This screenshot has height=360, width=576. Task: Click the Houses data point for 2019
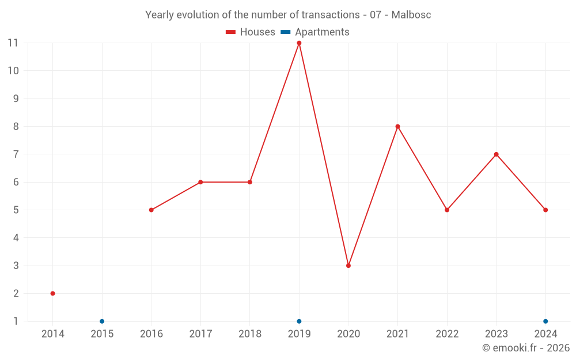click(x=299, y=43)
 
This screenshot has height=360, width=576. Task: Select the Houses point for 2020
click(x=348, y=266)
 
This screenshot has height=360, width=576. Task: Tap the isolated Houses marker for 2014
click(x=52, y=293)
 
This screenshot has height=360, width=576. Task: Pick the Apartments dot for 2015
click(x=102, y=321)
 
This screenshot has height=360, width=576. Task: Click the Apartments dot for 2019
click(x=299, y=321)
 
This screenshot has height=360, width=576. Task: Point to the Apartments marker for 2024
click(x=545, y=321)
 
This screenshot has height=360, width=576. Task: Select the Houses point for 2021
click(x=397, y=127)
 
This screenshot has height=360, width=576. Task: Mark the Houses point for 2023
click(x=496, y=154)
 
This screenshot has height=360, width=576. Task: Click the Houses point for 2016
click(x=151, y=210)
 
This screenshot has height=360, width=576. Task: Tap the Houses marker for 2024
click(x=545, y=210)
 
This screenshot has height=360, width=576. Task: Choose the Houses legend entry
click(x=251, y=32)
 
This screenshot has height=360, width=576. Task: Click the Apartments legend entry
click(x=315, y=32)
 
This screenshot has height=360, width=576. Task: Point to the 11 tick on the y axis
click(x=13, y=43)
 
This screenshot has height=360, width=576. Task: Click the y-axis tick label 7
click(x=16, y=154)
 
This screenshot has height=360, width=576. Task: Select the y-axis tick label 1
click(x=16, y=321)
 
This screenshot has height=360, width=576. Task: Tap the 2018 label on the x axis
click(x=249, y=334)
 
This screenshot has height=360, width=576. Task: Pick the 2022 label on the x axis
click(x=447, y=334)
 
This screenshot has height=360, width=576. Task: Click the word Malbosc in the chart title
click(x=411, y=15)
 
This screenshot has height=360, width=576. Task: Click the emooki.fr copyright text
click(x=526, y=348)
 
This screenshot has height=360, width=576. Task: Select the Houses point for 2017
click(x=200, y=182)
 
